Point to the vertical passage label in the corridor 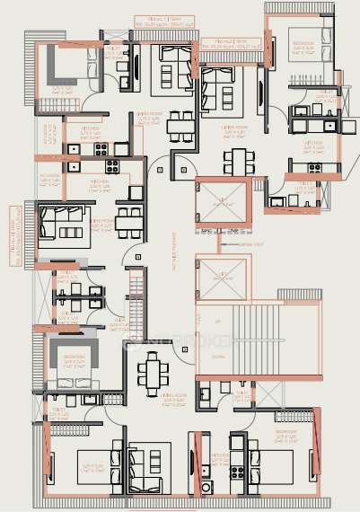point(171,260)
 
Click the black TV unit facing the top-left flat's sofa point(135,66)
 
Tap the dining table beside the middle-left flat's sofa point(127,219)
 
